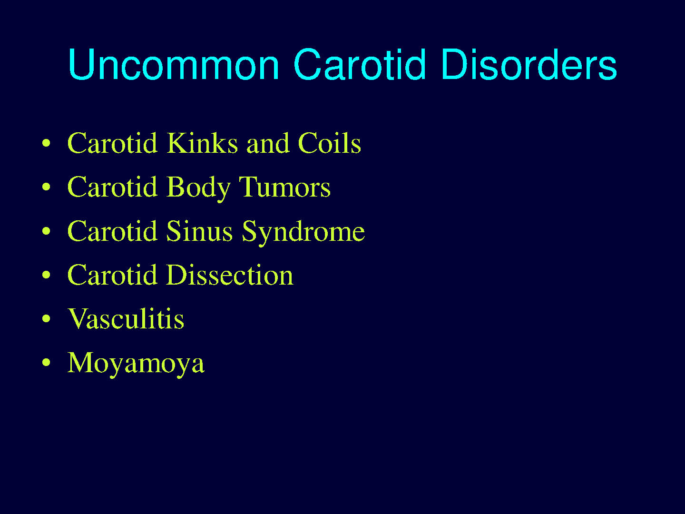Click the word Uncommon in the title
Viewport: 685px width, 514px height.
[x=174, y=64]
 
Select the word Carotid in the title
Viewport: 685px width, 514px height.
[x=360, y=64]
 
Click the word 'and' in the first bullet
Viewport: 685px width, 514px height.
[x=268, y=144]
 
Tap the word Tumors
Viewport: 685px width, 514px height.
[x=285, y=187]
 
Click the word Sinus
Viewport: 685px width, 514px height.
[x=199, y=231]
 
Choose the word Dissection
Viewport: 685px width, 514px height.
[x=230, y=275]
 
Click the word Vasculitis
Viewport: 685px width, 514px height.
[x=126, y=319]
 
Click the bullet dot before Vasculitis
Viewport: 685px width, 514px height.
[x=46, y=318]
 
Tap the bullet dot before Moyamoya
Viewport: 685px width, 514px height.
[x=46, y=362]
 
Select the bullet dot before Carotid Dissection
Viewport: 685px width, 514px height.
[x=46, y=274]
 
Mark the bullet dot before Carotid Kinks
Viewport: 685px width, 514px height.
[x=46, y=143]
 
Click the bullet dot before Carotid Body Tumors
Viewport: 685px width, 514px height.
[x=46, y=187]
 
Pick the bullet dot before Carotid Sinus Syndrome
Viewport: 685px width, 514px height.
[x=46, y=231]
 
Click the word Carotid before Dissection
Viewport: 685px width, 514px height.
[x=112, y=275]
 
